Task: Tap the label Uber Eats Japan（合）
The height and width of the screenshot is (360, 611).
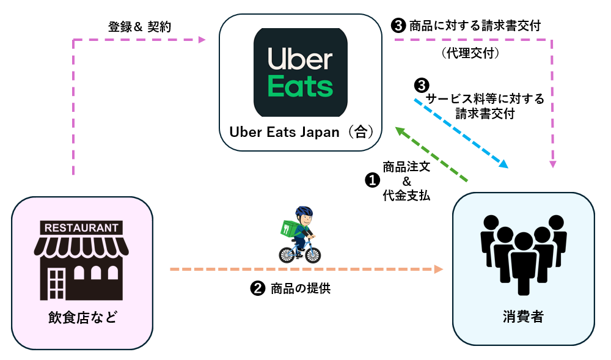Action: click(x=300, y=132)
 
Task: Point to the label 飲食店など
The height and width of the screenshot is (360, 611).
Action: click(x=82, y=318)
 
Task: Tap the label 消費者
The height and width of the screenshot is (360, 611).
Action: click(x=523, y=318)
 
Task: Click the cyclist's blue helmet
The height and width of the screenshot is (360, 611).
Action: click(x=304, y=212)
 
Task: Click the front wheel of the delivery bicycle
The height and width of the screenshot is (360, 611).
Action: click(x=312, y=254)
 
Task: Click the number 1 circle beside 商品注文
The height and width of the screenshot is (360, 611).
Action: click(x=371, y=180)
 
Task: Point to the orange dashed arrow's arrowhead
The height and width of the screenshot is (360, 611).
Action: click(x=438, y=269)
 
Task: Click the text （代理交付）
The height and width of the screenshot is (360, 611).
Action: click(x=470, y=54)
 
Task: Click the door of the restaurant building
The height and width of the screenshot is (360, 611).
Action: click(x=56, y=284)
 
